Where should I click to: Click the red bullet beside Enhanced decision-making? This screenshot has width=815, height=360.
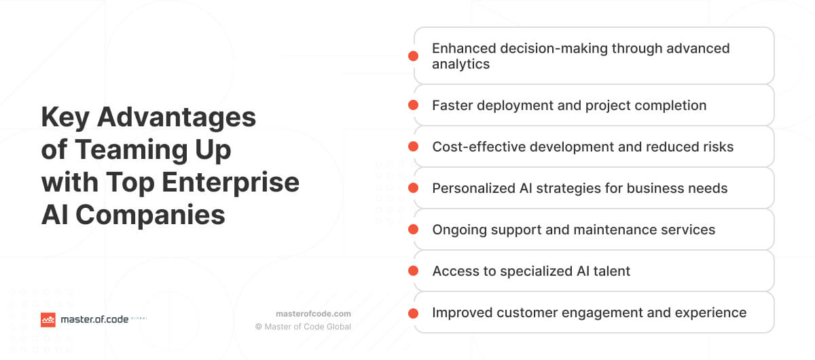pos(413,56)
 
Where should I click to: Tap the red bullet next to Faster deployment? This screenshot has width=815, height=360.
pos(413,105)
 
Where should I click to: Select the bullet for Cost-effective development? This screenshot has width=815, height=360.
pos(413,147)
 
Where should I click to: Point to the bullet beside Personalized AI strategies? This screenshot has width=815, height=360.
pos(413,188)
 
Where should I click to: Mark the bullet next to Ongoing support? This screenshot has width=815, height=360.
pos(413,230)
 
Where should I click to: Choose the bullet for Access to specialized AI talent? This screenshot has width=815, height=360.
pos(413,271)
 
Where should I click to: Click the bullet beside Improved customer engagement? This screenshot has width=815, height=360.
pos(413,312)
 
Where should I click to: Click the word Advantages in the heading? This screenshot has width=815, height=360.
pos(177,118)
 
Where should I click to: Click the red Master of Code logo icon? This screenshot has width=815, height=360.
pos(48,319)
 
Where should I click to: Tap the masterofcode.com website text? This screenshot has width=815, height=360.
pos(313,313)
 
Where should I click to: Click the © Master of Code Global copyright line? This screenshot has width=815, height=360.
pos(303,327)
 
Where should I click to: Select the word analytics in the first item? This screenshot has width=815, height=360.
pos(460,65)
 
